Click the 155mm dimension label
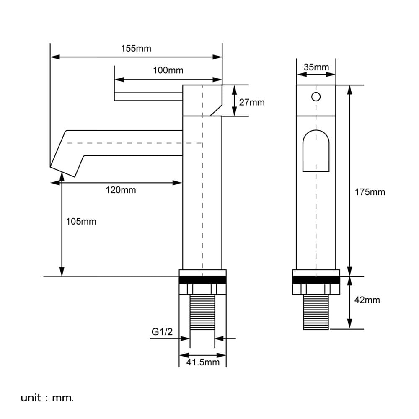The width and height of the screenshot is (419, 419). coord(136,48)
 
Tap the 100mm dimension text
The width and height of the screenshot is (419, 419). coord(168,70)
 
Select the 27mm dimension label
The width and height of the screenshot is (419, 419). coord(252,102)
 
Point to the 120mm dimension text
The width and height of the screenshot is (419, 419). coord(121,190)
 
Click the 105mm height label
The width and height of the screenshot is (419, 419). coord(81,222)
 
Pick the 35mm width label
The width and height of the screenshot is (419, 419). coord(316,67)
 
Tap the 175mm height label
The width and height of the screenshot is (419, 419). coord(370,192)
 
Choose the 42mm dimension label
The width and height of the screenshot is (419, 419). coord(367,300)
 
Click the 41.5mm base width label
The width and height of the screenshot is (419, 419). coord(203,362)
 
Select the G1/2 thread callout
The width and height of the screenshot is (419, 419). coord(162,331)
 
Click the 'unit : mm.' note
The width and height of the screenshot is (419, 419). coord(47,398)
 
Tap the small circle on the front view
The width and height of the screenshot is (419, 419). coord(316,97)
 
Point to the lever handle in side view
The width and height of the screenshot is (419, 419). coord(148,97)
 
